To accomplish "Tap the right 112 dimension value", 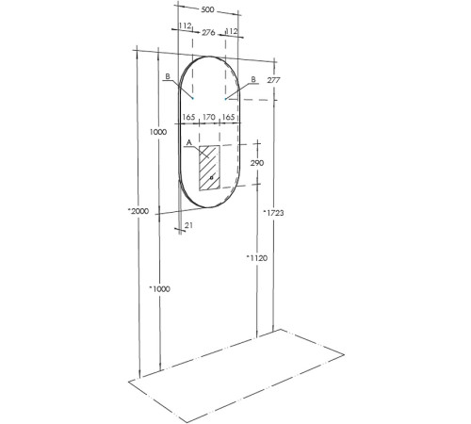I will (232, 31).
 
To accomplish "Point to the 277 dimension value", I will (274, 82).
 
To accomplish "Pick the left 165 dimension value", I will (188, 118).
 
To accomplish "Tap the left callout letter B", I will (167, 76).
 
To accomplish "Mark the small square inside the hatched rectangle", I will (212, 176).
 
